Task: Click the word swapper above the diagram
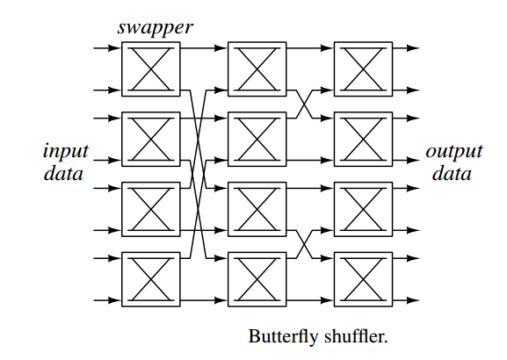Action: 155,26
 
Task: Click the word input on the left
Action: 65,151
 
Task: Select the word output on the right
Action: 454,151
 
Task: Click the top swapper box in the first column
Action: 150,68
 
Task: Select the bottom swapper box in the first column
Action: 150,278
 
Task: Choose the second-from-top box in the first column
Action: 150,138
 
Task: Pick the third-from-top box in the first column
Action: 150,208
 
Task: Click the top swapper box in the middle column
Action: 257,68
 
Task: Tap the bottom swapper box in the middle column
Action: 257,278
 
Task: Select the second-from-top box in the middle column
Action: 257,138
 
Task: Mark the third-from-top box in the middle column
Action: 257,208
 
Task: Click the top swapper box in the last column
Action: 363,68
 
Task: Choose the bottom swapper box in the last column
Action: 363,278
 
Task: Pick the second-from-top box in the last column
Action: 363,138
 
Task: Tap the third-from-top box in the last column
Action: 363,208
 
